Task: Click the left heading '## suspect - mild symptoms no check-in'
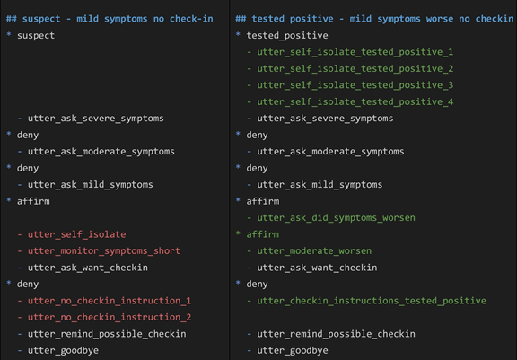pos(110,19)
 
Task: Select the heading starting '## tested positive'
pos(374,19)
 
